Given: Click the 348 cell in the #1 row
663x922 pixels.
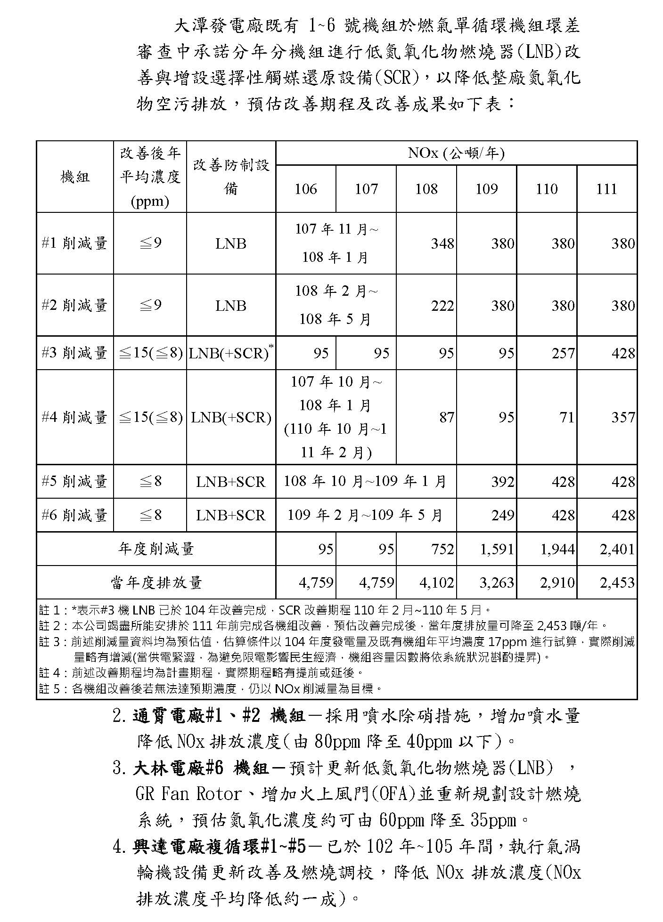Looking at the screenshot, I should (x=442, y=243).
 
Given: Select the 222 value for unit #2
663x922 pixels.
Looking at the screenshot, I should (x=442, y=306).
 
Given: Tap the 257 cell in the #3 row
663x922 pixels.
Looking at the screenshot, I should (x=563, y=353).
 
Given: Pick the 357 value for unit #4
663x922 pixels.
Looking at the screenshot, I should (x=623, y=417).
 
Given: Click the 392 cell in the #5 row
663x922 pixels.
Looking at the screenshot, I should (x=502, y=482).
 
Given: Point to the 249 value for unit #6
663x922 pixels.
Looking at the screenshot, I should (x=502, y=515).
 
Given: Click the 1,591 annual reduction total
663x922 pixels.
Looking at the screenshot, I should (x=497, y=549).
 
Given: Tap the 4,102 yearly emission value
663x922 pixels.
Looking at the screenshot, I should (x=437, y=582).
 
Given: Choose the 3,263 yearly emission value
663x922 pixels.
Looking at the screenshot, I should (x=497, y=582).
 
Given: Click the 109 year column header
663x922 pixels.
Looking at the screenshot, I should (x=486, y=189).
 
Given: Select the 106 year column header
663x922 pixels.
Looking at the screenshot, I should (x=305, y=189).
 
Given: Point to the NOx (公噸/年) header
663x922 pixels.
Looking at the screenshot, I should (x=456, y=153).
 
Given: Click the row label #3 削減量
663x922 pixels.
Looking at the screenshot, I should (x=74, y=353).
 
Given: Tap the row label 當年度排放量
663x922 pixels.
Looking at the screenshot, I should (x=156, y=583).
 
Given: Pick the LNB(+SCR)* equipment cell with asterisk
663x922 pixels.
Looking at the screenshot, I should (x=230, y=353).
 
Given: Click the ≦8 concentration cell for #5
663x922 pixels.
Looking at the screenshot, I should (x=150, y=482).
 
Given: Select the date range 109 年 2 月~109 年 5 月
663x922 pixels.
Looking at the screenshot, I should (x=365, y=515).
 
